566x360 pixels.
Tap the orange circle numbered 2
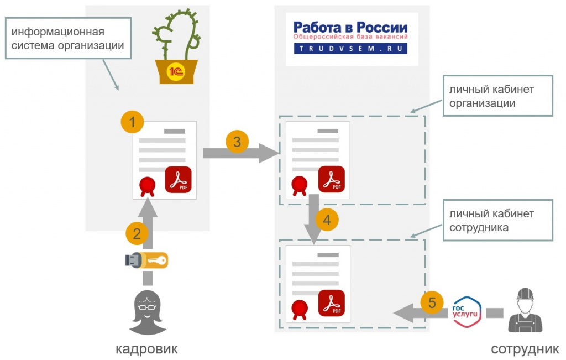(x=137, y=233)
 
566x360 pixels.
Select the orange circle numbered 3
(x=237, y=142)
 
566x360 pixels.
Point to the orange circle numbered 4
(x=327, y=221)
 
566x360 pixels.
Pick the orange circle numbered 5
(x=432, y=302)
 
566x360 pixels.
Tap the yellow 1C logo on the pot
(x=176, y=72)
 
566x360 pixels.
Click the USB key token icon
(x=146, y=259)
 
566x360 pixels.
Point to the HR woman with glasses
(x=148, y=313)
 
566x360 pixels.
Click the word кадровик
(x=147, y=349)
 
